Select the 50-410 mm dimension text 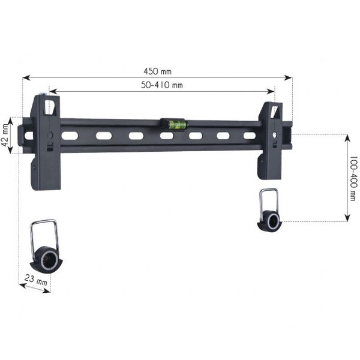162,85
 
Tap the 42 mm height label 6,136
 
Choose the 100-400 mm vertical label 352,179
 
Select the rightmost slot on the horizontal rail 249,136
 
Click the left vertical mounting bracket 46,143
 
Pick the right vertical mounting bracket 270,141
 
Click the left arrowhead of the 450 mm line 25,77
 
